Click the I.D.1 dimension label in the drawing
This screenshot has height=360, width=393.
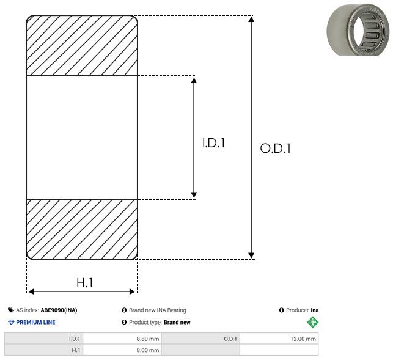[x=213, y=143]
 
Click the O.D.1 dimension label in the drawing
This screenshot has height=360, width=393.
[x=276, y=148]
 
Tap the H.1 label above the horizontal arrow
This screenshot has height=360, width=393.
[x=85, y=283]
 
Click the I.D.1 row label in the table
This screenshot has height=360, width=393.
[x=75, y=339]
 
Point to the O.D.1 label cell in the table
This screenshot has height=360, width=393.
[x=230, y=339]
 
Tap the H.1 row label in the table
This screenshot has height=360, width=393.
[x=76, y=350]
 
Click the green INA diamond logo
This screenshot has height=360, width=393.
[x=312, y=322]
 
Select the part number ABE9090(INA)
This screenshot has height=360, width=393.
[x=59, y=310]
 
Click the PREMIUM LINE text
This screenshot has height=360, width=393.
[x=35, y=322]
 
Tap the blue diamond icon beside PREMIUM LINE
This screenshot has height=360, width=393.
[x=11, y=322]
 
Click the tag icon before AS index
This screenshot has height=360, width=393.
[x=11, y=310]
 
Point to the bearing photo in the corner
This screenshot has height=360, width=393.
[x=358, y=29]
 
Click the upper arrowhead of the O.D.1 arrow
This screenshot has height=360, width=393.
[x=251, y=19]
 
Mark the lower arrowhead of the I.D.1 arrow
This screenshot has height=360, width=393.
[x=194, y=195]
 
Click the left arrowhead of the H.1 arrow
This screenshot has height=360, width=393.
[x=31, y=292]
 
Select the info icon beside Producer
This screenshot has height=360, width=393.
[x=282, y=310]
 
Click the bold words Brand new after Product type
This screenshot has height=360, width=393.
[x=177, y=322]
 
